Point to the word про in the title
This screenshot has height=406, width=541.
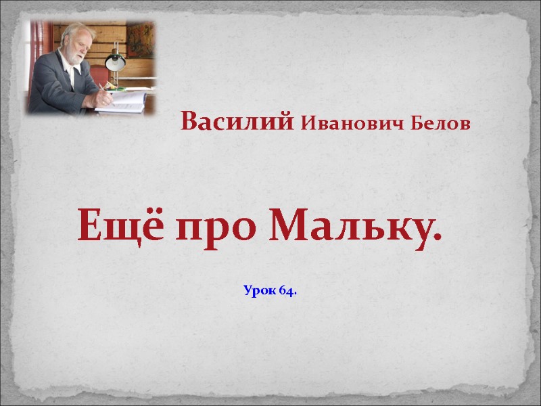tap(217, 229)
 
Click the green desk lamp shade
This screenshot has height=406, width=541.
tap(116, 63)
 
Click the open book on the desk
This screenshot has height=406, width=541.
tap(125, 99)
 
